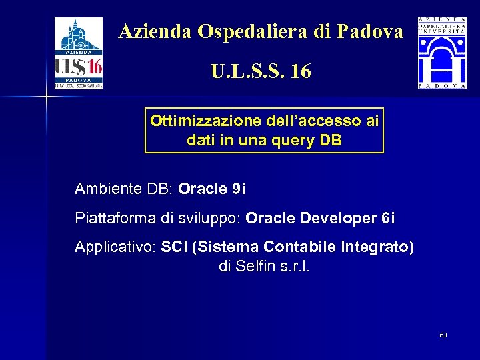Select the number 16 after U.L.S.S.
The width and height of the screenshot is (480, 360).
301,71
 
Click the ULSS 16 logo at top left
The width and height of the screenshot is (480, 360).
78,53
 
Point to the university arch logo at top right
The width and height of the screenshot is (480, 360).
442,53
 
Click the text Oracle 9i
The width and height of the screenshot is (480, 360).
212,189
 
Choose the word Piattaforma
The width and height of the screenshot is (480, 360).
108,218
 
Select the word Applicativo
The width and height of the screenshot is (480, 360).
113,247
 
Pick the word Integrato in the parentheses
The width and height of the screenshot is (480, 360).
376,247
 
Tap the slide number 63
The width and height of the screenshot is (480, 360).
443,335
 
